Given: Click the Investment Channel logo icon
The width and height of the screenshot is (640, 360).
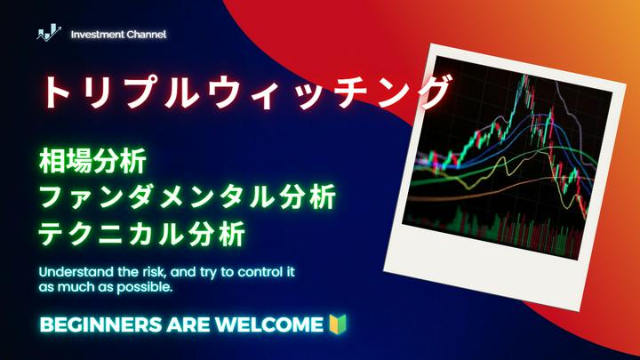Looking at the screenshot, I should [48, 35].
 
